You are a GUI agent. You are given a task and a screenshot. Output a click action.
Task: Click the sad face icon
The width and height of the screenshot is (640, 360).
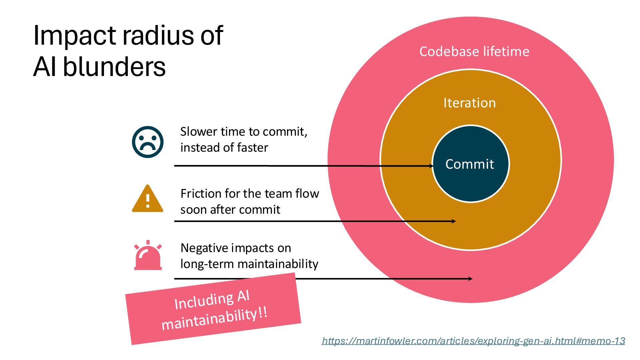(148, 142)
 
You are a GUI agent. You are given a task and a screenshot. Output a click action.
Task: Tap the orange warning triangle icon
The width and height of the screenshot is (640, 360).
(148, 199)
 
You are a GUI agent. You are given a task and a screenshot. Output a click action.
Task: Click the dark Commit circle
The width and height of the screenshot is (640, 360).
(470, 164)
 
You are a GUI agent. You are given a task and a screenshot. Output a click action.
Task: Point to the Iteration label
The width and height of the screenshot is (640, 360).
(469, 103)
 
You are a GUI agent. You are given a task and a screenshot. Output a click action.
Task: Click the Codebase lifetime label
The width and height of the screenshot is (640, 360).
(474, 52)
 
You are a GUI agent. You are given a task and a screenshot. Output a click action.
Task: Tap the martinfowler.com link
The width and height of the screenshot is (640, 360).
(473, 341)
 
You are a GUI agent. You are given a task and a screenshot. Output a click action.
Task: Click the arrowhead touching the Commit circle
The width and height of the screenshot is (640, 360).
(431, 166)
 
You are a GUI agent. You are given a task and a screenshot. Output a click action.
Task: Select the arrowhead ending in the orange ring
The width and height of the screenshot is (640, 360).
(454, 221)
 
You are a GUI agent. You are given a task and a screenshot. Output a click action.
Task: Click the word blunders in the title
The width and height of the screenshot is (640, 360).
(114, 67)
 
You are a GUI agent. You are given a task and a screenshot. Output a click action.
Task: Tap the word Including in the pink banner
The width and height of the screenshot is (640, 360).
(204, 301)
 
